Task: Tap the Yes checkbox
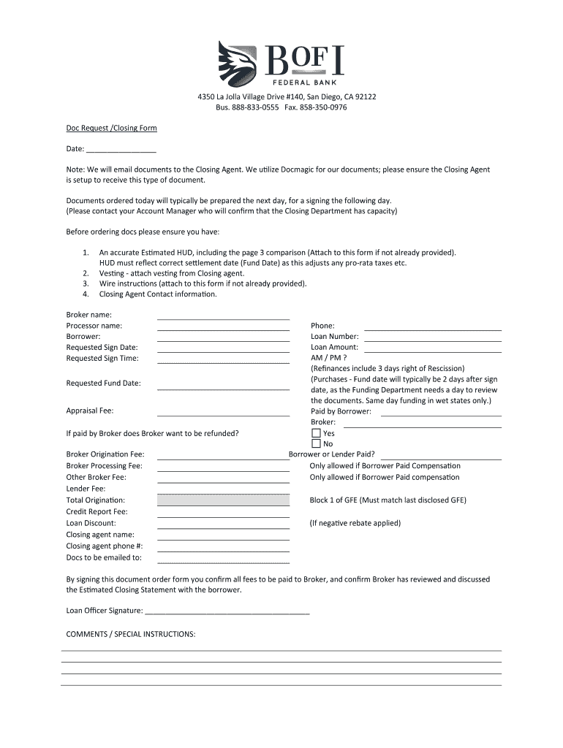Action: point(316,433)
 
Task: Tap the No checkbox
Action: point(316,443)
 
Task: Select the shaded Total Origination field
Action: point(223,500)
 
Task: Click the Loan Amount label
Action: point(334,348)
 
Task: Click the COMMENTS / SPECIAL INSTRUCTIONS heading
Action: point(131,634)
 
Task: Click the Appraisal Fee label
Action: point(90,411)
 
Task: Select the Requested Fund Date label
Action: point(103,383)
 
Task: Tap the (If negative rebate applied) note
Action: point(355,523)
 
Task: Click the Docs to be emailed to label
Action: point(104,557)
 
